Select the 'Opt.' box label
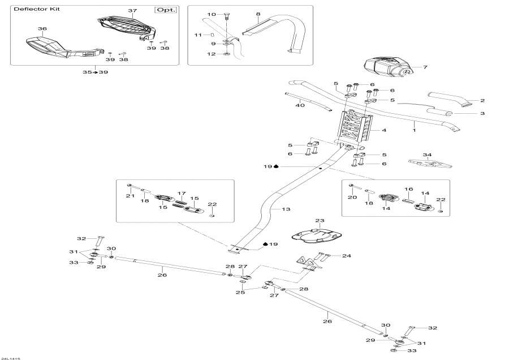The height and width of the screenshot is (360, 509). tap(166, 10)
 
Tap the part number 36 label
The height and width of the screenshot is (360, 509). tap(42, 28)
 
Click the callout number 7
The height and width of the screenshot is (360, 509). tap(425, 67)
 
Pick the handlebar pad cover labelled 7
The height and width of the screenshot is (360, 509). tap(385, 67)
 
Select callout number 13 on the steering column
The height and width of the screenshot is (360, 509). tap(286, 209)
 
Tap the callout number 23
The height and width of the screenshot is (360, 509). tap(320, 221)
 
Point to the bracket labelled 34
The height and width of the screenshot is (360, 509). tap(429, 164)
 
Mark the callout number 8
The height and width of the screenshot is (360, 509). tap(258, 14)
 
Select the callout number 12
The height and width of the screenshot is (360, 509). tap(212, 54)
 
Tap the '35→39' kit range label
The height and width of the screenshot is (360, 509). tap(95, 72)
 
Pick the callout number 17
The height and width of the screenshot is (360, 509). tap(182, 193)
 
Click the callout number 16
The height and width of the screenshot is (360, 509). tap(408, 189)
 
